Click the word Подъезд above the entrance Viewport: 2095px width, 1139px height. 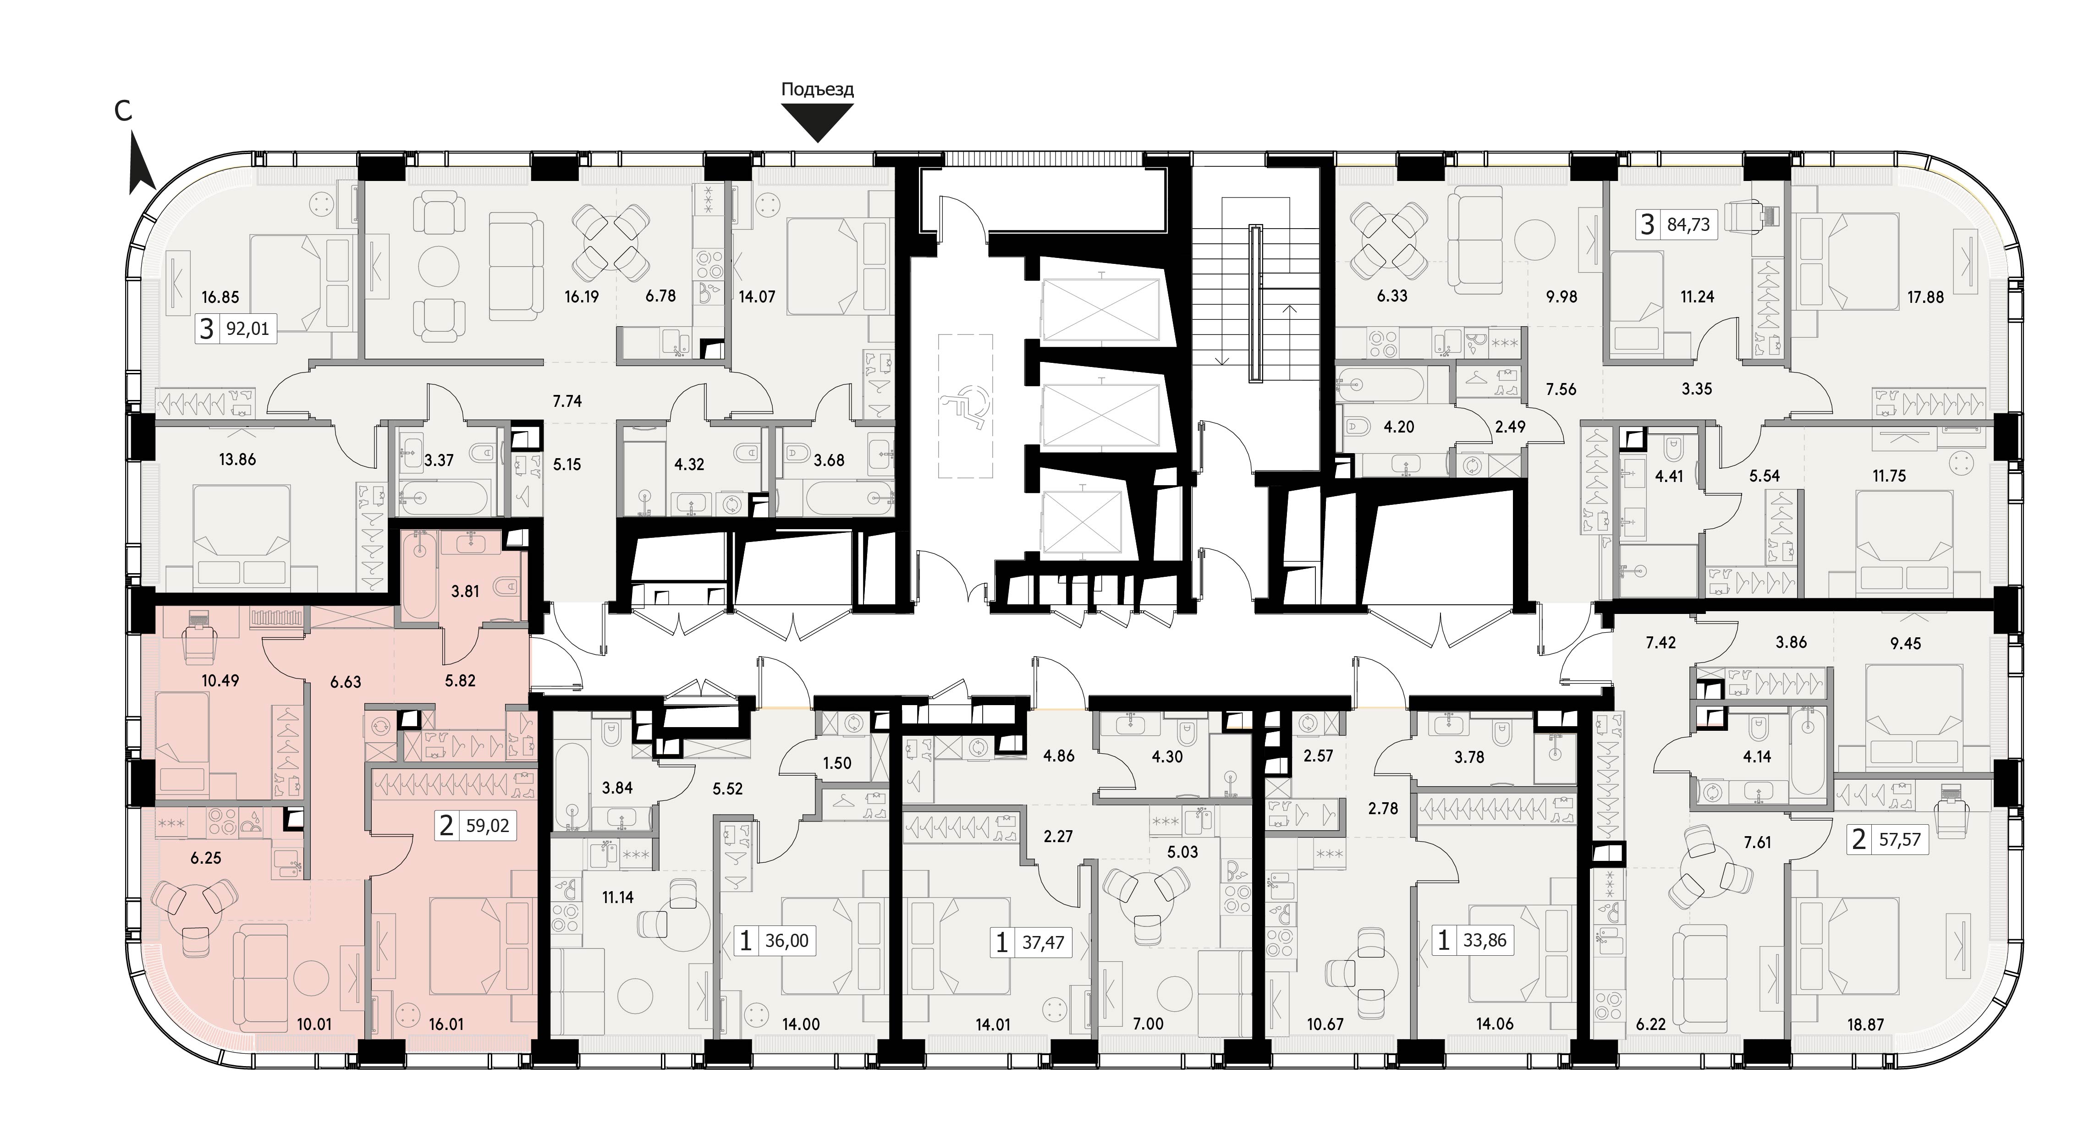click(x=817, y=89)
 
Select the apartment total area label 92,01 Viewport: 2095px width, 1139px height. click(x=247, y=329)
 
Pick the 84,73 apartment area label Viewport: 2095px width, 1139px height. click(x=1688, y=224)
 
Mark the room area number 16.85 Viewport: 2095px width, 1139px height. click(x=220, y=297)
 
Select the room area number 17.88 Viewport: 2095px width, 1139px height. click(x=1926, y=297)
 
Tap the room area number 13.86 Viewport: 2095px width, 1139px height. click(x=237, y=460)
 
